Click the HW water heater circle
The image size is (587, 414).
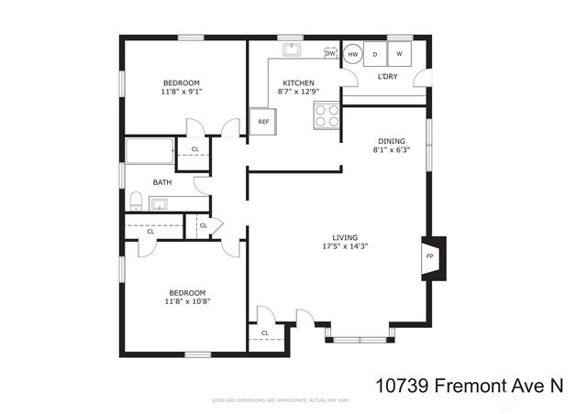point(353,55)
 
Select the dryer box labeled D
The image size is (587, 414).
point(375,54)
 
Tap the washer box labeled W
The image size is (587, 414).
point(400,54)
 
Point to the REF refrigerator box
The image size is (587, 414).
point(263,122)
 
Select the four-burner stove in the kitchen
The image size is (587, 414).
point(327,115)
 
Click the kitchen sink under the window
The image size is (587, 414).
point(293,49)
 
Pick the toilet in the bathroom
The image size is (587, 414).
point(136,201)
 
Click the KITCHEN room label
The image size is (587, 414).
point(298,82)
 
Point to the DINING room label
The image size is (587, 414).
point(391,141)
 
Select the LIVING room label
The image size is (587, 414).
point(345,236)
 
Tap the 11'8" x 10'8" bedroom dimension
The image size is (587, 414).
point(187,301)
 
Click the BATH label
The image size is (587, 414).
point(162,182)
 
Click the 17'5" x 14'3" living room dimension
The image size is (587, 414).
point(345,246)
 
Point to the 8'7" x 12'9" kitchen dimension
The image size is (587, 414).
point(298,92)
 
